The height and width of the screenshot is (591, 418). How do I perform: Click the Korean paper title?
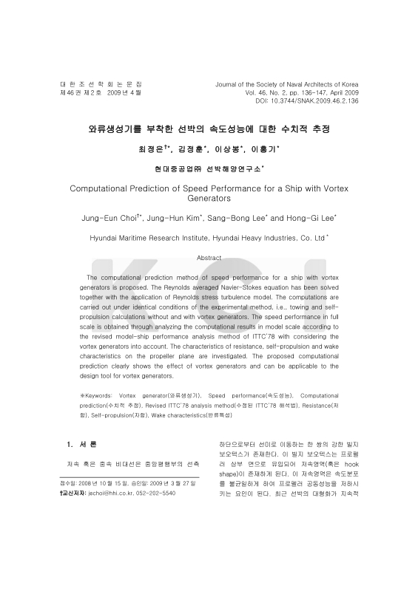tap(209, 129)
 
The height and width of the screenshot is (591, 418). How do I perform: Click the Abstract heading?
tap(209, 258)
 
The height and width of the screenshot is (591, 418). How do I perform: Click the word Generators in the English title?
tap(209, 199)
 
